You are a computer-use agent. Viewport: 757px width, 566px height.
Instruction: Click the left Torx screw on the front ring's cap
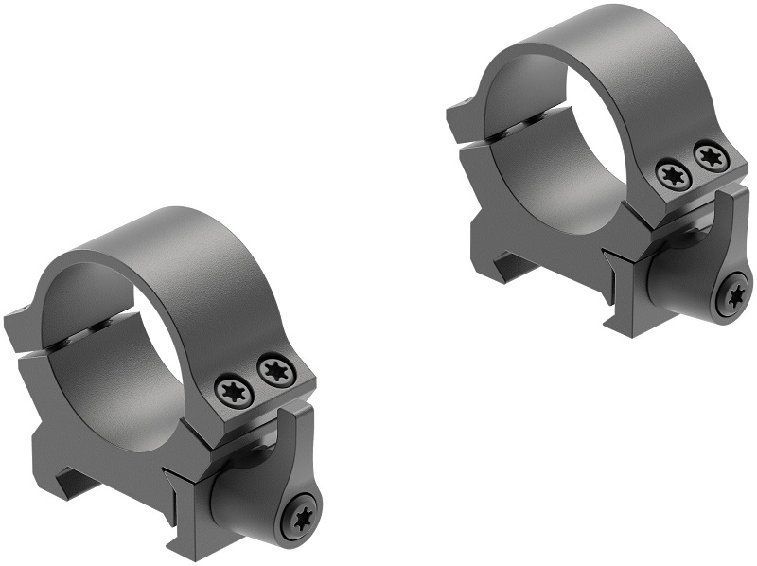233,389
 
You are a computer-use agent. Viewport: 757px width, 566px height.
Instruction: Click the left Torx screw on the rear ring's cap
673,173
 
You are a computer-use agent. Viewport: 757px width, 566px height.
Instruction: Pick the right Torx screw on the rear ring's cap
710,156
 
